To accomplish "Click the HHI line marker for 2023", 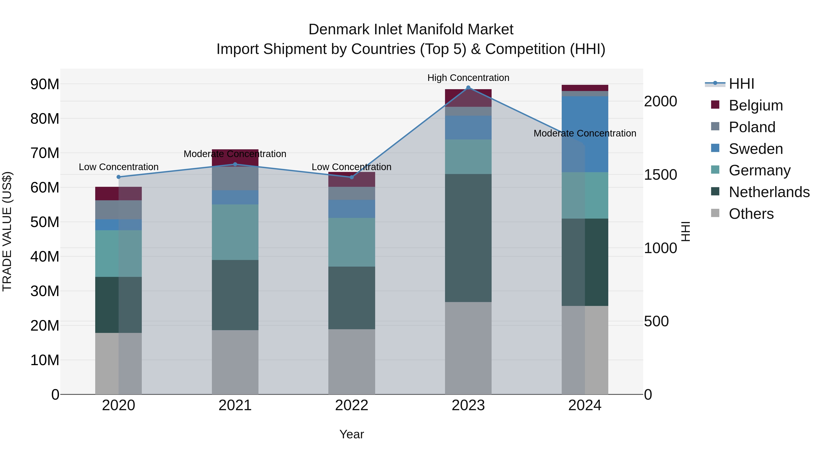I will (468, 88).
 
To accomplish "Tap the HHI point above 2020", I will (118, 177).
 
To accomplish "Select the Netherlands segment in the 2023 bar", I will (468, 238).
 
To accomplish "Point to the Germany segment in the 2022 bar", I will (352, 242).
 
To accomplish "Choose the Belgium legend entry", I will (756, 105).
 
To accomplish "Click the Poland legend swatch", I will (715, 126).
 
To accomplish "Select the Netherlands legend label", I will (769, 192).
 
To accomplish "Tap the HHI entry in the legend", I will (741, 84).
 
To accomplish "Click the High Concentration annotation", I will (468, 78).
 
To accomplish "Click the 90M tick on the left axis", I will (45, 84).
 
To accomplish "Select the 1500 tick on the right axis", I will (660, 174).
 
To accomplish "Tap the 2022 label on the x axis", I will (352, 405).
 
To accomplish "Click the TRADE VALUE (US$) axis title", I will (7, 231).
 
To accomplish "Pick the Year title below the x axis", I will (352, 434).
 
